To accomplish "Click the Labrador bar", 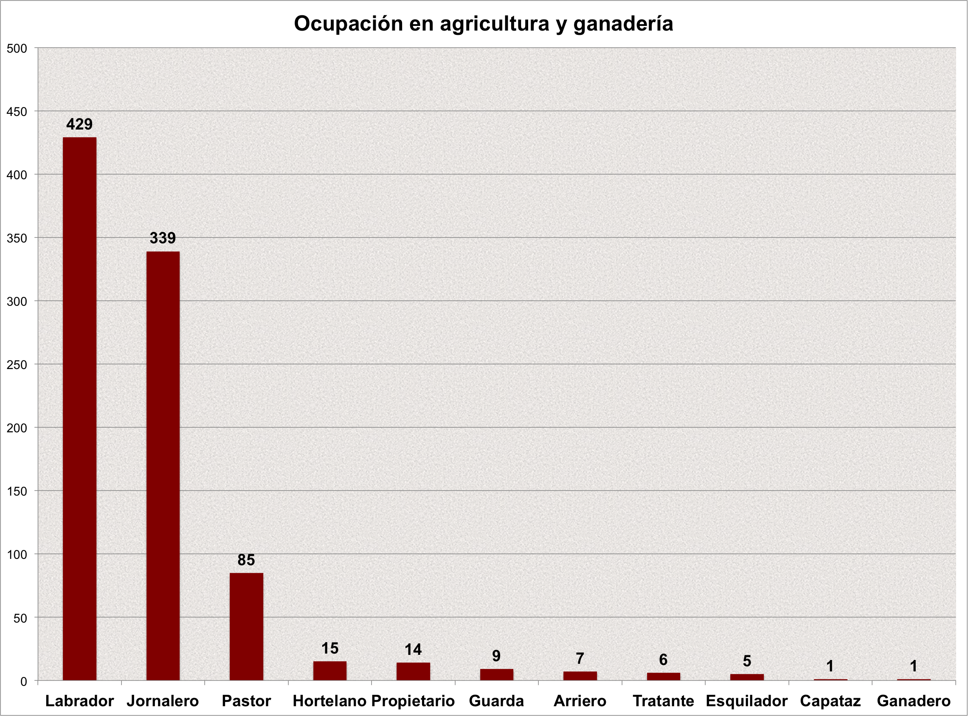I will tap(79, 408).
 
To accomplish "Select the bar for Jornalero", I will tap(163, 465).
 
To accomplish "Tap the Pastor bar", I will tap(246, 626).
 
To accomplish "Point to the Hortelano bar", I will tap(330, 671).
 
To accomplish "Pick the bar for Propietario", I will tap(413, 671).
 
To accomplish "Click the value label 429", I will tap(79, 124).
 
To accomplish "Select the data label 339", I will tap(163, 238).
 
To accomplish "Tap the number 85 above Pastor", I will tap(246, 560).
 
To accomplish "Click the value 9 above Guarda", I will tap(497, 656).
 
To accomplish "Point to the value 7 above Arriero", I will tap(580, 658).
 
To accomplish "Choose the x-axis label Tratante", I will tap(664, 701).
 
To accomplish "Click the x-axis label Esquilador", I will tap(746, 701).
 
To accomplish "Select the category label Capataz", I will tap(830, 701).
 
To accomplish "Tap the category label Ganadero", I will tap(913, 701).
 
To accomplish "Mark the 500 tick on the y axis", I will tap(17, 48).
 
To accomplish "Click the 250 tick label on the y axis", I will tap(17, 365).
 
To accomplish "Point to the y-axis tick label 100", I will tap(17, 555).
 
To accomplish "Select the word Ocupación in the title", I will tap(349, 24).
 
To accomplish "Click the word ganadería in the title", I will tap(623, 24).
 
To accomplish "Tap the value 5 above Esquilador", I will tap(747, 661).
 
